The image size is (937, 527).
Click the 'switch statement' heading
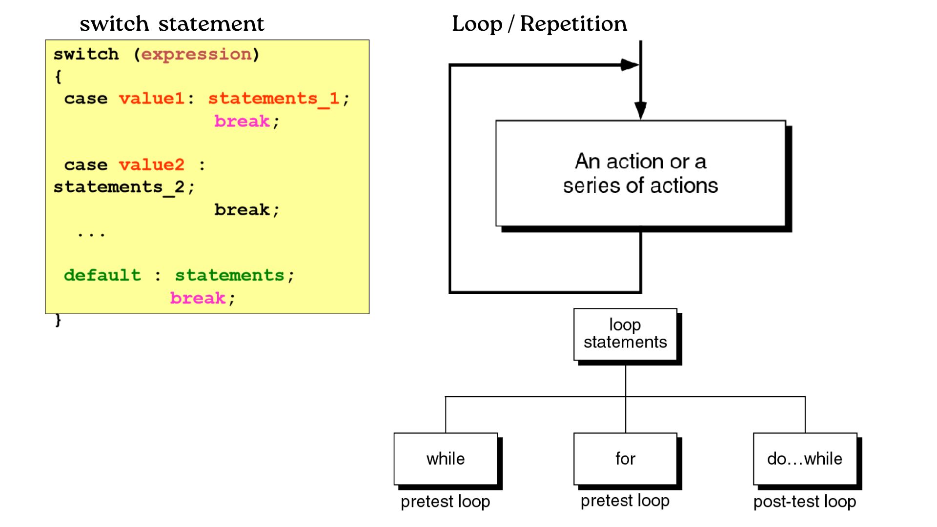tap(172, 23)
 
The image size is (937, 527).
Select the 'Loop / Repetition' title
tap(539, 23)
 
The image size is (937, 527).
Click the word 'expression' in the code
tap(196, 54)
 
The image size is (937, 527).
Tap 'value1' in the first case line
tap(152, 99)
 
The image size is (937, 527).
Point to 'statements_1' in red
tap(273, 99)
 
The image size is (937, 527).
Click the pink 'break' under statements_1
tap(242, 121)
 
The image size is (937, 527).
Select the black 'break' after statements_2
tap(242, 210)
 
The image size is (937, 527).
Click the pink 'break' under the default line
tap(198, 298)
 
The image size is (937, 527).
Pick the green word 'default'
tap(102, 275)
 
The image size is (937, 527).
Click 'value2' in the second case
tap(152, 165)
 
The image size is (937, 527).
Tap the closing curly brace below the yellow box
tap(58, 320)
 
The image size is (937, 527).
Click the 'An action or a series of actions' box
tap(640, 173)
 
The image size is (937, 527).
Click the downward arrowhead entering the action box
tap(640, 110)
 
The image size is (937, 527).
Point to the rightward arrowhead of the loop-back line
tap(630, 65)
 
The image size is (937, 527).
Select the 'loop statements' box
tap(625, 334)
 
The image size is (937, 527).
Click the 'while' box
tap(446, 459)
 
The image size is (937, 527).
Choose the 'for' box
tap(625, 459)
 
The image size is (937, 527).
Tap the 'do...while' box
tap(805, 459)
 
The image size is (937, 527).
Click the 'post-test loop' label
tap(805, 501)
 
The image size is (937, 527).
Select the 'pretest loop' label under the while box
tap(446, 501)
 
